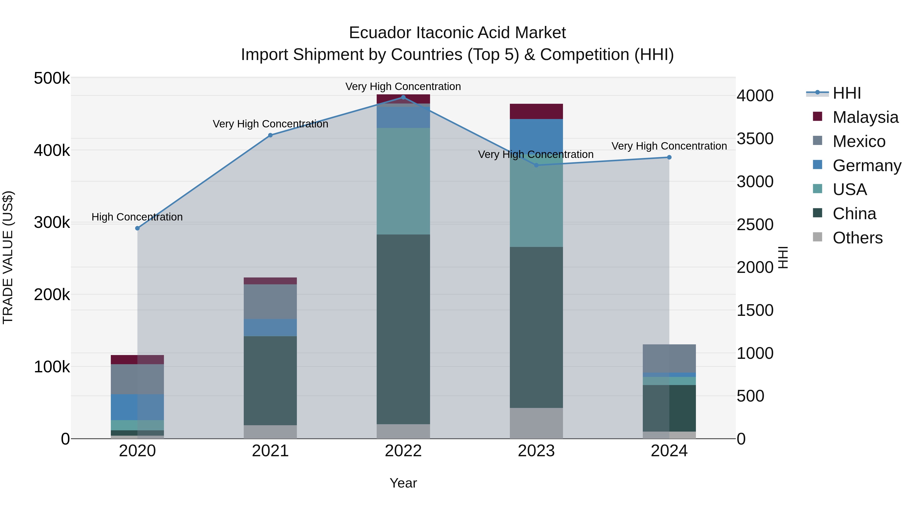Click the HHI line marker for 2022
pos(403,97)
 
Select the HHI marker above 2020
pos(138,228)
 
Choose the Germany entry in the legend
pos(866,166)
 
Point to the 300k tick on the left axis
pos(52,223)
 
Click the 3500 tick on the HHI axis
pos(755,139)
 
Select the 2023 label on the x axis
pos(536,451)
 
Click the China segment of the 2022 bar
pos(403,329)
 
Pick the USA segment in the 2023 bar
pos(536,206)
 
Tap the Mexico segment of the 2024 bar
pos(669,358)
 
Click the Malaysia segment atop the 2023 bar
pos(536,111)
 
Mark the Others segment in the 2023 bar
pos(536,423)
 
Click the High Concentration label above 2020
pos(137,217)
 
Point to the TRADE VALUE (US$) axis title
pos(8,257)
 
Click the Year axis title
pos(403,483)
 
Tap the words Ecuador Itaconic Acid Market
pos(457,33)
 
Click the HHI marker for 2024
pos(669,157)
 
